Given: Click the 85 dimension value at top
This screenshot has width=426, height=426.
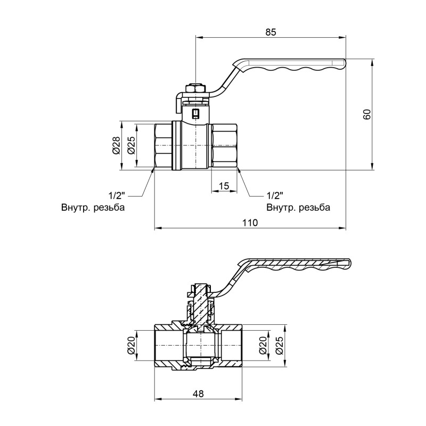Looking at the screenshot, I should pos(271,32).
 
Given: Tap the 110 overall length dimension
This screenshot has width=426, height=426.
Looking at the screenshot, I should pos(250,223).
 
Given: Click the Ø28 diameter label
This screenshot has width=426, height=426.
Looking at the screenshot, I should pos(116,146).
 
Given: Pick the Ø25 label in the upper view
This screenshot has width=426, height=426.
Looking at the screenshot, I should pos(130,146).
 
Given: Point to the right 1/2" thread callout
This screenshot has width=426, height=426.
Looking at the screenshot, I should pos(274,195).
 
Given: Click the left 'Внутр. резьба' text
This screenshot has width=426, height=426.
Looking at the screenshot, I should pos(93,208).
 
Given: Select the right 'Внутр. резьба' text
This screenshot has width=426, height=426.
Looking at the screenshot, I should pos(298,208).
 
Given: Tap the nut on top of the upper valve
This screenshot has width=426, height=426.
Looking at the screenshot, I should pos(196,87).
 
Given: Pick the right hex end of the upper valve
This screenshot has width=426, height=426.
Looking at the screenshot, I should pos(225,146).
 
